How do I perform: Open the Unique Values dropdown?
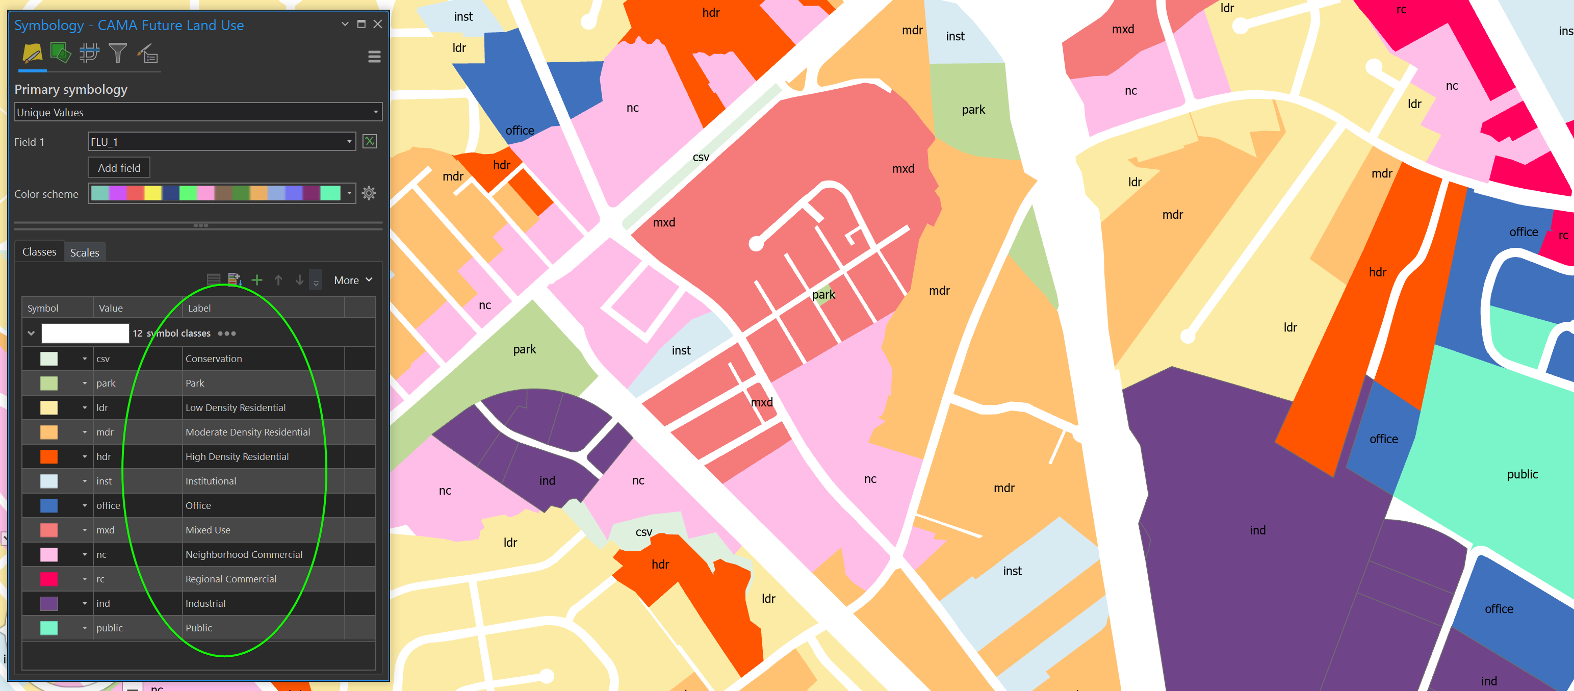[x=198, y=112]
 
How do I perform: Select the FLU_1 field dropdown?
[x=221, y=142]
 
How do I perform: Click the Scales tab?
[x=84, y=252]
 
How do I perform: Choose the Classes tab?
[x=39, y=252]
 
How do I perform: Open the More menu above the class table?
[x=352, y=280]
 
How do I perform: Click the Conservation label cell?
[x=214, y=359]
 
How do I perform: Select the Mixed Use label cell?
[x=208, y=530]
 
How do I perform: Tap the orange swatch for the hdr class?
[x=49, y=456]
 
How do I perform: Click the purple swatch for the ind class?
[x=49, y=603]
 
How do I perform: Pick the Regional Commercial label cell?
[x=231, y=579]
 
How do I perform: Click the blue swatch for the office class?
[x=49, y=505]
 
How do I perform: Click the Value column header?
[x=111, y=308]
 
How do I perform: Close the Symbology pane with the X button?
[x=378, y=24]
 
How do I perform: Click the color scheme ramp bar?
[x=216, y=193]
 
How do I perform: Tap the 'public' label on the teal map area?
[x=1522, y=474]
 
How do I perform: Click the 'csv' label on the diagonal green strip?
[x=701, y=157]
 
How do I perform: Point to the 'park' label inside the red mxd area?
[x=823, y=294]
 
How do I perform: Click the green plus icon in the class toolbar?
[x=256, y=280]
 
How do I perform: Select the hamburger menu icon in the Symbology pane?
[x=374, y=57]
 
